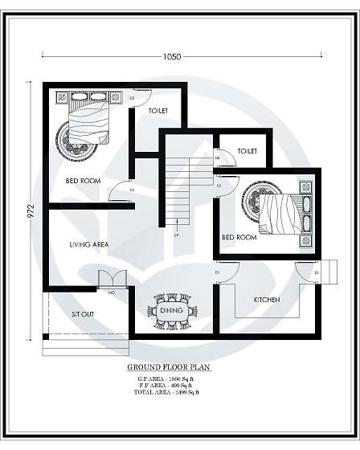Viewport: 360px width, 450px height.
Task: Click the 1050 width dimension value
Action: click(171, 57)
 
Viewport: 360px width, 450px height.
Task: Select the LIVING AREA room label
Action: click(89, 244)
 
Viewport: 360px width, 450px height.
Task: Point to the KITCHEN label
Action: click(267, 299)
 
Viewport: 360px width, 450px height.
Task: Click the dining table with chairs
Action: click(170, 310)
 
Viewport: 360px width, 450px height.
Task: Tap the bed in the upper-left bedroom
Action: click(85, 119)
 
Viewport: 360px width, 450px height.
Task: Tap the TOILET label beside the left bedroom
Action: click(158, 110)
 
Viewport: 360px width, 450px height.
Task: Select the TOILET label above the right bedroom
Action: click(247, 150)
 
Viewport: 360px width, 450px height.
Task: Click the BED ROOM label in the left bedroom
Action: click(83, 181)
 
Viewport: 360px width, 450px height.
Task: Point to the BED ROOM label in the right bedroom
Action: click(239, 237)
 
